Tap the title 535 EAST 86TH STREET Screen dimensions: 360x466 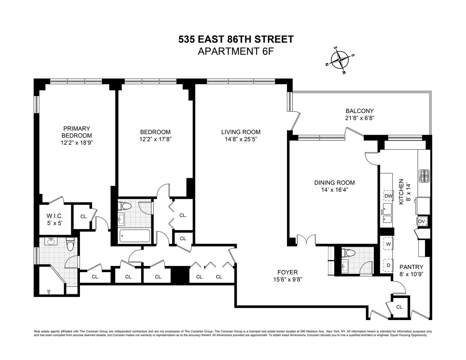tap(236, 39)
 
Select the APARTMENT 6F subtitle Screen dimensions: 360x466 tap(236, 51)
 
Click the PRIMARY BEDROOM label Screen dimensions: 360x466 tap(76, 132)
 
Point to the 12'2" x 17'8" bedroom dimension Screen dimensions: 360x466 tap(155, 139)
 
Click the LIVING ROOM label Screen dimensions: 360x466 tap(241, 132)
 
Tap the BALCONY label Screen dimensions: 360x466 tap(359, 111)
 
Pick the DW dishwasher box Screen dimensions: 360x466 tap(388, 196)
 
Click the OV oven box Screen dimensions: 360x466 tap(422, 221)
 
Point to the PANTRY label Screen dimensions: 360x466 tap(411, 267)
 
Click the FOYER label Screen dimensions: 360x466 tap(287, 272)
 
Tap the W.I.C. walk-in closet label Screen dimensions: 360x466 tap(55, 216)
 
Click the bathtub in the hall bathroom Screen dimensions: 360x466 tap(134, 236)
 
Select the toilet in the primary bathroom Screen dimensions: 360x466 tap(70, 244)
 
